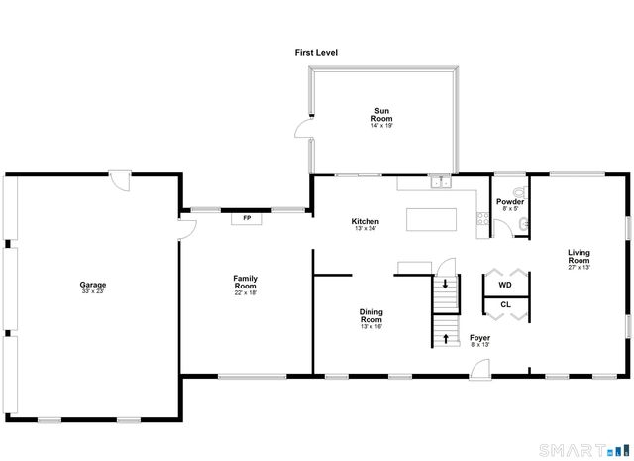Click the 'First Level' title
tap(315, 52)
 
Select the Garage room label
tap(93, 288)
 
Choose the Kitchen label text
tap(366, 222)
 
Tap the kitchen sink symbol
tap(439, 181)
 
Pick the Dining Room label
tap(371, 318)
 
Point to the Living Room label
tap(580, 260)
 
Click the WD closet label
tap(505, 285)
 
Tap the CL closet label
tap(505, 304)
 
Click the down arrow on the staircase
tap(445, 285)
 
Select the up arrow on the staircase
tap(445, 338)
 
